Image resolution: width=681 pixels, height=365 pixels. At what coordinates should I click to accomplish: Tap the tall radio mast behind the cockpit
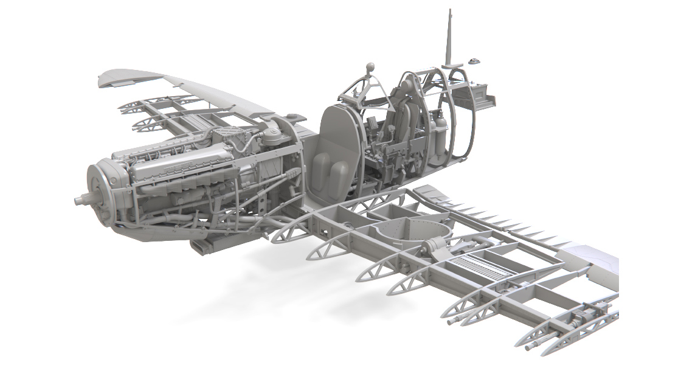tap(450, 36)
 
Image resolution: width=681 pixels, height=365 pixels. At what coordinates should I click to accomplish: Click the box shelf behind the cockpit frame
tap(481, 94)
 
